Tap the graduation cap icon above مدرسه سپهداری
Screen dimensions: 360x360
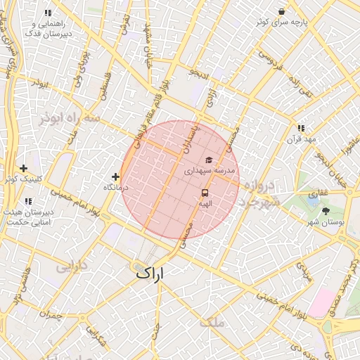tap(208, 160)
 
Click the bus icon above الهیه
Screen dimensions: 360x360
tap(205, 192)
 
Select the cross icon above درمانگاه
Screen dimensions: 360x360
tap(115, 176)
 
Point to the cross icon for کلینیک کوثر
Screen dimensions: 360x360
tap(24, 168)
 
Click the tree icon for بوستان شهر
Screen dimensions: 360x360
tap(326, 211)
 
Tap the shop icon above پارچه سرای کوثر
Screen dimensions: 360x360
tap(282, 12)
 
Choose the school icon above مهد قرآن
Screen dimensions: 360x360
tap(301, 128)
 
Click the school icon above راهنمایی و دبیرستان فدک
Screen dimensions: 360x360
tap(48, 13)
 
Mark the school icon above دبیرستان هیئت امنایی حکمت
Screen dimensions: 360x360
tap(28, 202)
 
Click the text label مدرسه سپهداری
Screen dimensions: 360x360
tap(208, 171)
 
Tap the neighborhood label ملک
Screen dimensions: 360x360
tap(212, 322)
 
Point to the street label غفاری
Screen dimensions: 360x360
tap(319, 192)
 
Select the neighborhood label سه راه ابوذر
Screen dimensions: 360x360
tap(66, 116)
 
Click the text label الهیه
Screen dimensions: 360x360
tap(205, 202)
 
